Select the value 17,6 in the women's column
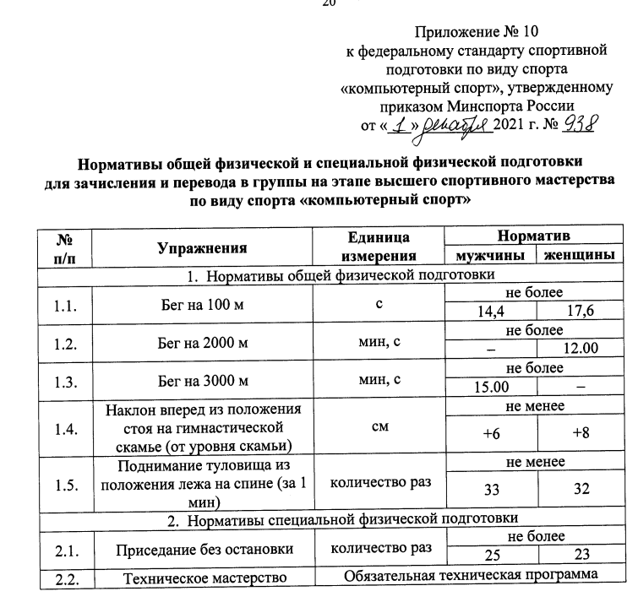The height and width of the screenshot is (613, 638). tap(581, 312)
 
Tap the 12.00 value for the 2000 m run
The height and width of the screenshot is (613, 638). tap(581, 348)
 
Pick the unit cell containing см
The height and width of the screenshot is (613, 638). tap(379, 427)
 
